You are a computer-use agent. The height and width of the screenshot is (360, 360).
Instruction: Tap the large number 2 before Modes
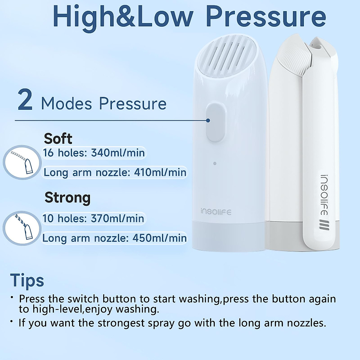click(25, 100)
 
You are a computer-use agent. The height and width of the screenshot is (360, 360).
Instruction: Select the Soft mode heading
click(58, 139)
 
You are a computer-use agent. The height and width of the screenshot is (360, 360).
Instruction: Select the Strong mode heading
click(67, 198)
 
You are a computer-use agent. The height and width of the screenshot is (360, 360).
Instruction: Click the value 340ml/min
click(118, 153)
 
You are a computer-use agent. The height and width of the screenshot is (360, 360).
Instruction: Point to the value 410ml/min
click(160, 172)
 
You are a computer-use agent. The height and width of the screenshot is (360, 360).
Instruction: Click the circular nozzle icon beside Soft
click(22, 162)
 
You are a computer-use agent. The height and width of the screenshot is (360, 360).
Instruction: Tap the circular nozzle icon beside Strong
click(22, 228)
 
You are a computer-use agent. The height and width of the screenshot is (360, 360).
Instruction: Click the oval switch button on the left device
click(216, 122)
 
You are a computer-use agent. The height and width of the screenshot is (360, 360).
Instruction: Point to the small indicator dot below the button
click(215, 163)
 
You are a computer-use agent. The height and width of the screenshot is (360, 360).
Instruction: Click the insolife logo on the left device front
click(216, 212)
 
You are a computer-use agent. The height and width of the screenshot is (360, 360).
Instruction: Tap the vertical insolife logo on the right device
click(324, 195)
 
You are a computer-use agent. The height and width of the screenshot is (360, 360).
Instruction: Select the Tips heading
click(27, 280)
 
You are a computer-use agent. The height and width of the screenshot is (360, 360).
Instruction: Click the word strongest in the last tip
click(125, 323)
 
